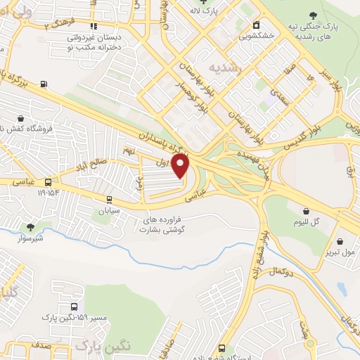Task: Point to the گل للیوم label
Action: coord(307,222)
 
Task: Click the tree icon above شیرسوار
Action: coord(30,226)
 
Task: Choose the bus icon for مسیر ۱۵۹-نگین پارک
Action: coord(75,307)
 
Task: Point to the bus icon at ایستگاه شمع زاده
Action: coord(221,348)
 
